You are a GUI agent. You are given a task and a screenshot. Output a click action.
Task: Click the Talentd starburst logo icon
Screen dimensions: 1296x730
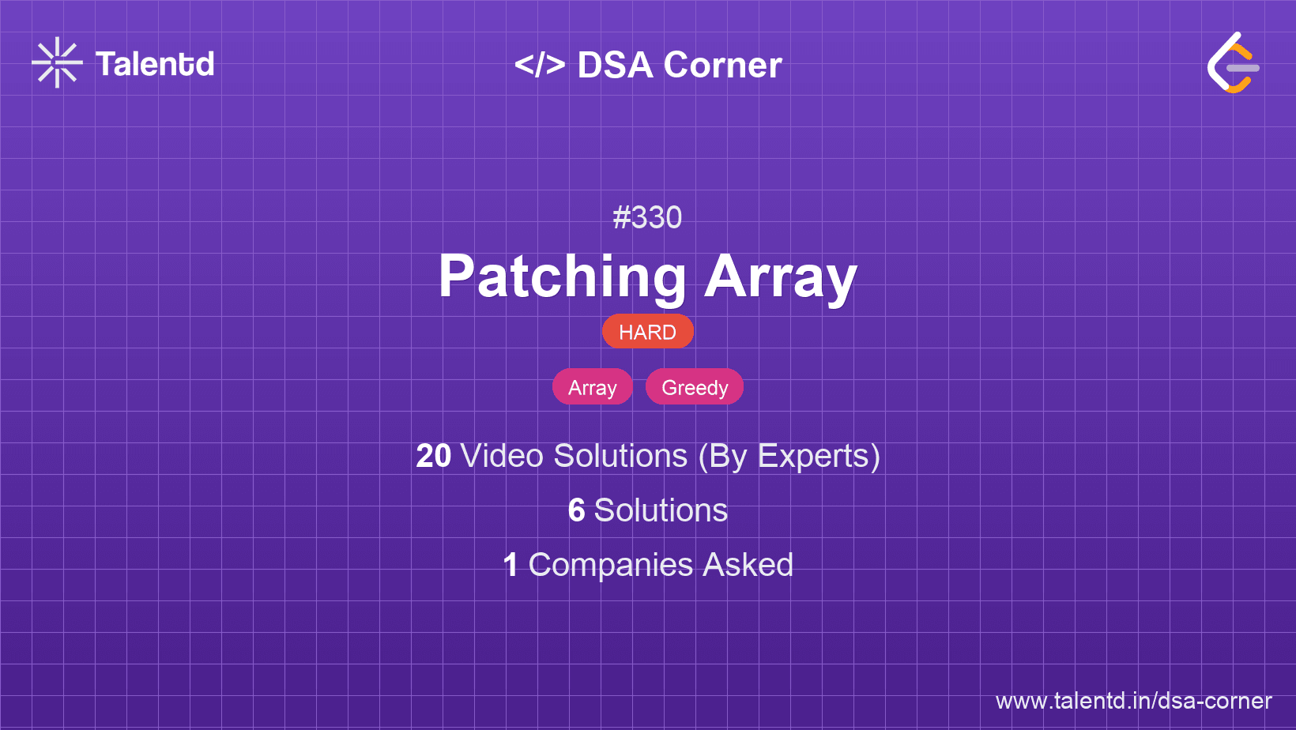coord(57,62)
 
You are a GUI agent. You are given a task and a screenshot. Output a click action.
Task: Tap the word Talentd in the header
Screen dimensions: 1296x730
coord(155,64)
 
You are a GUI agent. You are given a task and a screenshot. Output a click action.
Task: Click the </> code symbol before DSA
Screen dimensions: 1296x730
coord(540,65)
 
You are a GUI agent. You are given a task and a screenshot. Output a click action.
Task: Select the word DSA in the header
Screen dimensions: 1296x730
coord(615,65)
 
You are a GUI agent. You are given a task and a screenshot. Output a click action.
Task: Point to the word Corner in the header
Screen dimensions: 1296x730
coord(722,65)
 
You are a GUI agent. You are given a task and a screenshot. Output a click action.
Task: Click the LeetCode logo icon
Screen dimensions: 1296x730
coord(1233,62)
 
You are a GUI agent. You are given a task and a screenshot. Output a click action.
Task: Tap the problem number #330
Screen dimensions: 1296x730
coord(647,217)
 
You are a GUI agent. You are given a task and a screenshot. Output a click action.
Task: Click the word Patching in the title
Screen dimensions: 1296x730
coord(563,277)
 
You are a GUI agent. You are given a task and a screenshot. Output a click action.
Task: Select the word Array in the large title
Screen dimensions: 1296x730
coord(781,277)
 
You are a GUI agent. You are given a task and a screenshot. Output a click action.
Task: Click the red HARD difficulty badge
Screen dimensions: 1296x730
coord(647,332)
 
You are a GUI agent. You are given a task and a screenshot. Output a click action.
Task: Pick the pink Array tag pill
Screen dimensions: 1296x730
coord(593,387)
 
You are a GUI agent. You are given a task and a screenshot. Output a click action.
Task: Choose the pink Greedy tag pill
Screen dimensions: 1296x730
coord(695,387)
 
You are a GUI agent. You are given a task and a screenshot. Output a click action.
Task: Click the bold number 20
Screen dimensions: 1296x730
coord(433,456)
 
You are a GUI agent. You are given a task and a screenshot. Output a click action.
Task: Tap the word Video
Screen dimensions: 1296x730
coord(503,456)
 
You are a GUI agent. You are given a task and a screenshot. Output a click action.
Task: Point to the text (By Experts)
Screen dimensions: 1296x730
coord(789,457)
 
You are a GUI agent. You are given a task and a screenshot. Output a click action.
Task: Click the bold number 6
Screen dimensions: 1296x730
coord(576,510)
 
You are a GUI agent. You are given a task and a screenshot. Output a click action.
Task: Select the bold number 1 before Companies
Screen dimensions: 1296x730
coord(510,565)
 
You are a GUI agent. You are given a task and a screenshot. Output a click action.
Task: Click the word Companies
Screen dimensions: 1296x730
coord(610,565)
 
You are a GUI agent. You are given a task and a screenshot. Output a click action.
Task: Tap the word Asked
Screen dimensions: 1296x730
coord(748,565)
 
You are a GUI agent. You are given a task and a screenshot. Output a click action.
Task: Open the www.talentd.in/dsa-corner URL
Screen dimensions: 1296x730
coord(1133,701)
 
